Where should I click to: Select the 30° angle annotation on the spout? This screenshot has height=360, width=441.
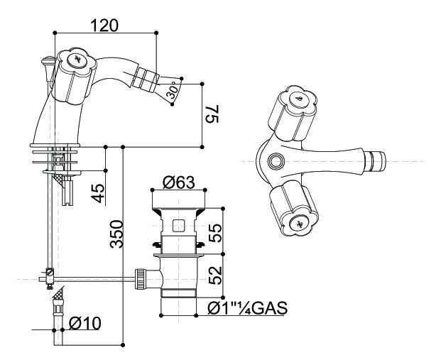(171, 92)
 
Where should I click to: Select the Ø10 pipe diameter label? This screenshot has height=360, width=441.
(85, 323)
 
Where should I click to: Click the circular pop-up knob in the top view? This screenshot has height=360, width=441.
(275, 161)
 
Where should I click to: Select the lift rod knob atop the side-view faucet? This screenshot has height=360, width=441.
(48, 62)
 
